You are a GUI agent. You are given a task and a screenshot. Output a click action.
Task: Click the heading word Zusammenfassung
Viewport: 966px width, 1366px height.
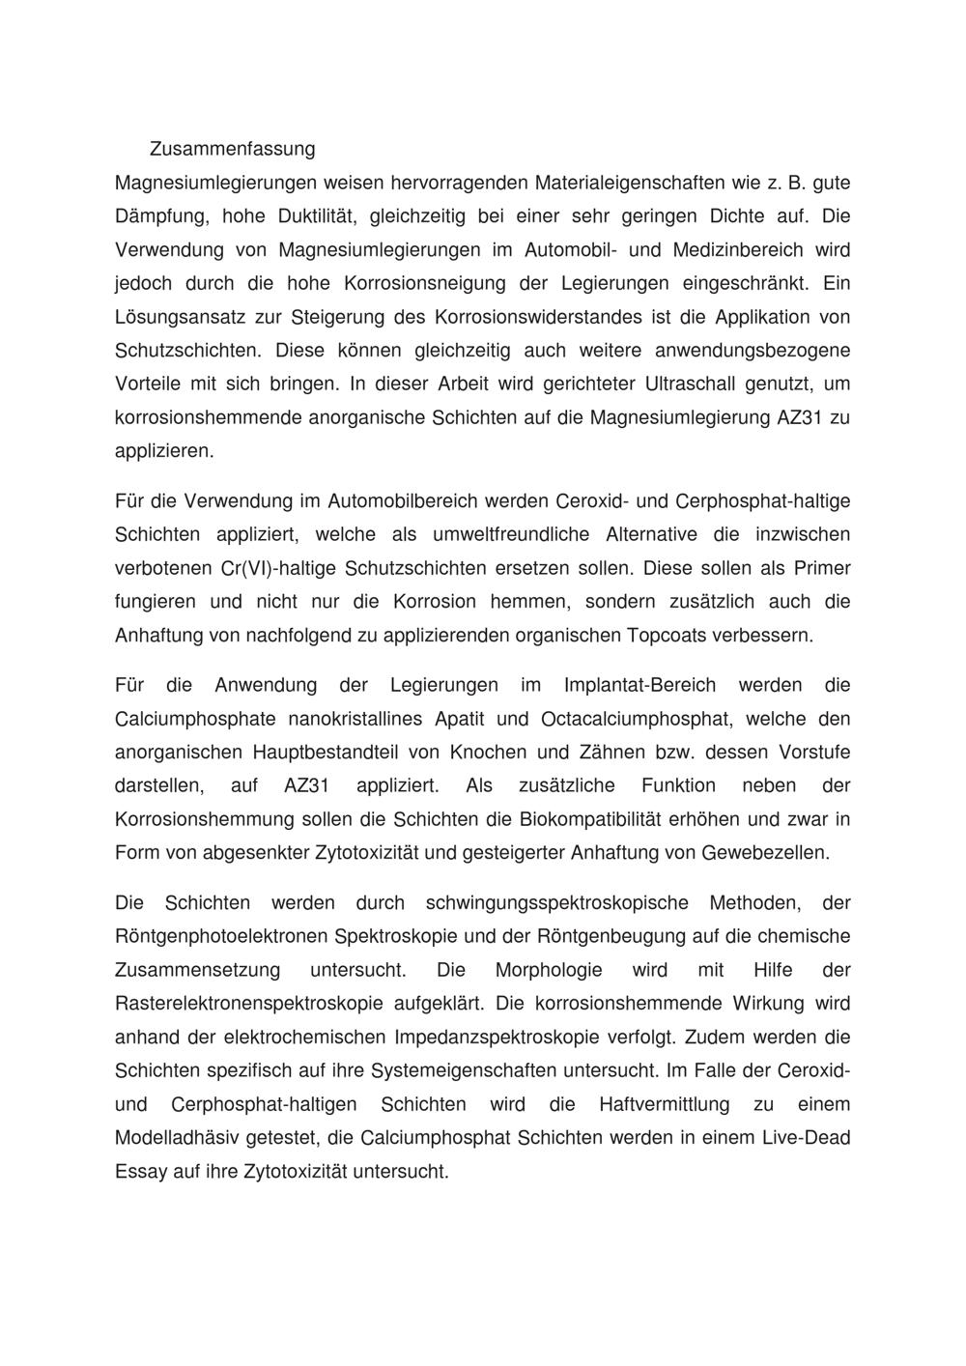232,149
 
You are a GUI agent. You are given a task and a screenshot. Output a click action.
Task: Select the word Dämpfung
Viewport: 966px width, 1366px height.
157,216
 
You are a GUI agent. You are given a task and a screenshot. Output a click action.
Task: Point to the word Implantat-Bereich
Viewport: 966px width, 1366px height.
639,685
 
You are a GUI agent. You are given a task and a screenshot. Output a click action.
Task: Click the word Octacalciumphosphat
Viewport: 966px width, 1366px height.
631,719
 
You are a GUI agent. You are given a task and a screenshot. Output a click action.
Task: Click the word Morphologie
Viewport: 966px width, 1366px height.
549,970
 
